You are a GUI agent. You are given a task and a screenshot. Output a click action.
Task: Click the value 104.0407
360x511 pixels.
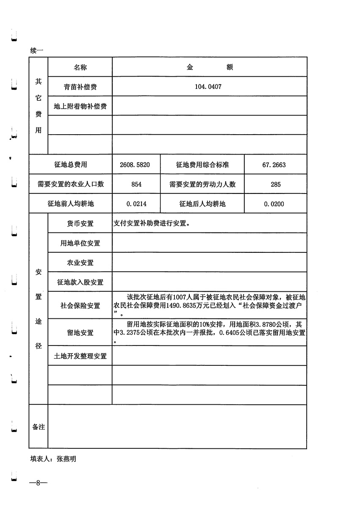[x=208, y=87]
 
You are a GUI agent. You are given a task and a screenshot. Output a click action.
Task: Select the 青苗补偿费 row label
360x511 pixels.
[x=80, y=87]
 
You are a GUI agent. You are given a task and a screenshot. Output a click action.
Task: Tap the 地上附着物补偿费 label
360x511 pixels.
[x=80, y=106]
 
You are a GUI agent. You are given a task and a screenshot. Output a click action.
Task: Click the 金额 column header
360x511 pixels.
[x=210, y=67]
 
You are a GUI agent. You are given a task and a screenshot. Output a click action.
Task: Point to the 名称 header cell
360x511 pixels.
[x=80, y=67]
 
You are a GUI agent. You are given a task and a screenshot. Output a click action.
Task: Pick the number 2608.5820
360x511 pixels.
[x=136, y=165]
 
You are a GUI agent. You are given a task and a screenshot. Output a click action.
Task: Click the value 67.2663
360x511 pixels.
[x=274, y=165]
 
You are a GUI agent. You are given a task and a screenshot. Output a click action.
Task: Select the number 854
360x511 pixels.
[x=136, y=184]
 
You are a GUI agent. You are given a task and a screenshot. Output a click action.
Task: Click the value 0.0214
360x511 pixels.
[x=136, y=204]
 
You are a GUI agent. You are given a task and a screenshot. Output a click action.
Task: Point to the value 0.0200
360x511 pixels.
[x=274, y=204]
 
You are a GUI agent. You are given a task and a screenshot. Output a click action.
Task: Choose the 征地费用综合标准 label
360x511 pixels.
[x=202, y=165]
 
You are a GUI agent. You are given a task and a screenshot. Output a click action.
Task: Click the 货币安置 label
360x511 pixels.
[x=80, y=224]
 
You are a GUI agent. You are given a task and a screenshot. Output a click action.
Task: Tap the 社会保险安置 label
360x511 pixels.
[x=80, y=305]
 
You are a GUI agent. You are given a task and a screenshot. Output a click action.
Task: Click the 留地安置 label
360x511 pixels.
[x=80, y=333]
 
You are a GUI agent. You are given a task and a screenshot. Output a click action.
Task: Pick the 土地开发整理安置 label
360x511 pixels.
[x=80, y=356]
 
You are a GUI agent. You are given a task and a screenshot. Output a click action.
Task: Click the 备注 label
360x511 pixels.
[x=39, y=427]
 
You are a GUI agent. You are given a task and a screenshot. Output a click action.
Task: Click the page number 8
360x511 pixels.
[x=38, y=483]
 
